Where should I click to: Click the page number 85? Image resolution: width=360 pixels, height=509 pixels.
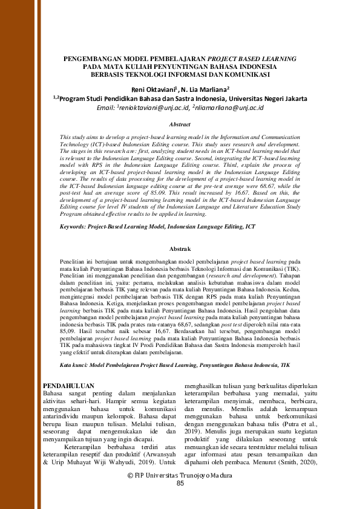[180, 484]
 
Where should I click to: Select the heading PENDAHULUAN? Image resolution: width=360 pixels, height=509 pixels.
[71, 385]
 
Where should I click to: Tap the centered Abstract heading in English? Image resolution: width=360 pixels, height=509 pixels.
[180, 124]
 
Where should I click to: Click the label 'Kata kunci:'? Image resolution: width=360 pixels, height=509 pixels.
[62, 366]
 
